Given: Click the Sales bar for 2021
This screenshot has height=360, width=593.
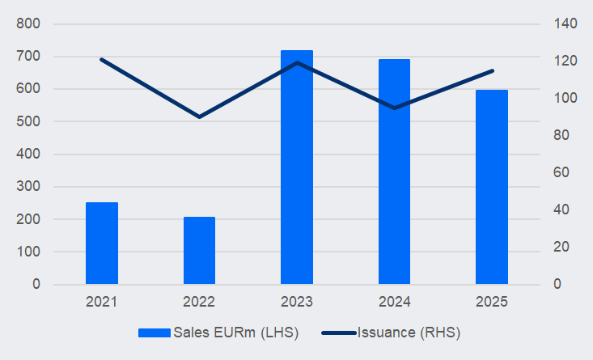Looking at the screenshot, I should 102,244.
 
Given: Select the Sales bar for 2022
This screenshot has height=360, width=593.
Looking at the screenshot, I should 199,251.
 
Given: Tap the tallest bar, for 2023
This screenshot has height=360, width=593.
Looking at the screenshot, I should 297,167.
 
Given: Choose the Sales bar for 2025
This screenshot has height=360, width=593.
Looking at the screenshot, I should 491,187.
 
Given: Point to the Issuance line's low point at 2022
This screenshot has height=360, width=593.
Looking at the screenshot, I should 199,117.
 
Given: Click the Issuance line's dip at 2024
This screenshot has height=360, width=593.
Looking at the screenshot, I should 394,108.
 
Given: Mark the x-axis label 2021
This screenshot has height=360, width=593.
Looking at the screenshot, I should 102,302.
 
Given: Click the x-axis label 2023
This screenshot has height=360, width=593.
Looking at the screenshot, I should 297,302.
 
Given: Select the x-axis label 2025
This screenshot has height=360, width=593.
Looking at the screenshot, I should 491,302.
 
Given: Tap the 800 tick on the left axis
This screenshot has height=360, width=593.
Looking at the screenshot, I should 28,24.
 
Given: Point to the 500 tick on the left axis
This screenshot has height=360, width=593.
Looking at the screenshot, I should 28,122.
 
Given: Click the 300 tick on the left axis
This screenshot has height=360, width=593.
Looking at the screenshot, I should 28,187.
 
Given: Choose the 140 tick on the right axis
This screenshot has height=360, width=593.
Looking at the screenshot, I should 564,24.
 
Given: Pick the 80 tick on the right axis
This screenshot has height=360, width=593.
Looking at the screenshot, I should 561,136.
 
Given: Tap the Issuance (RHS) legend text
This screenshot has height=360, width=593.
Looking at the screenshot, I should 409,332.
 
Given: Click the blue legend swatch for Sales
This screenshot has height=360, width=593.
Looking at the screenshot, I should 154,332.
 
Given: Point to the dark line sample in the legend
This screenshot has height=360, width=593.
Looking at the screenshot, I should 338,332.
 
